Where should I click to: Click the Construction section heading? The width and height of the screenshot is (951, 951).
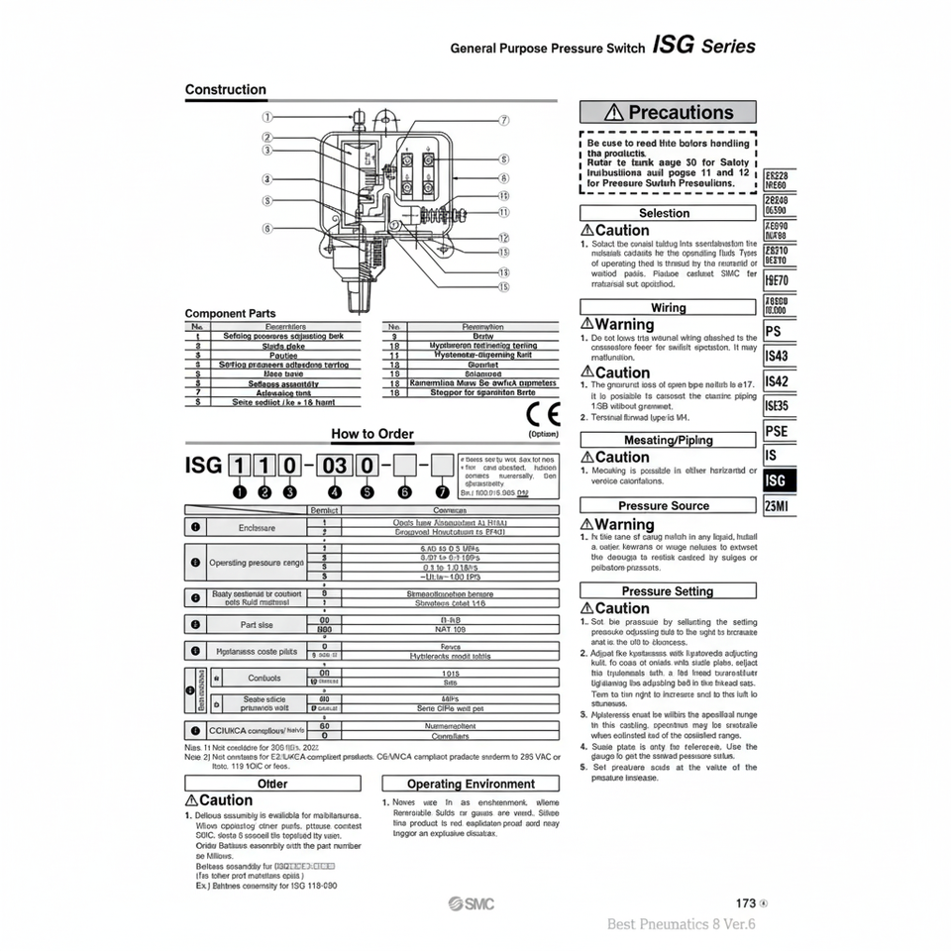tap(226, 90)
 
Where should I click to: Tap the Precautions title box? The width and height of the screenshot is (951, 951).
tap(667, 112)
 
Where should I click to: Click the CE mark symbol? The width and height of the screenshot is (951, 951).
tap(544, 413)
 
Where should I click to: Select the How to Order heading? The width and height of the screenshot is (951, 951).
tap(371, 434)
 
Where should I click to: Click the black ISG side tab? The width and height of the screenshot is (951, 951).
tap(779, 480)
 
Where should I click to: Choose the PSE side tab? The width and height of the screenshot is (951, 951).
tap(778, 431)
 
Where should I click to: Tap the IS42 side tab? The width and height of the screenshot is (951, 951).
tap(778, 381)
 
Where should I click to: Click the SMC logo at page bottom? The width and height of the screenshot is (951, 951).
tap(472, 903)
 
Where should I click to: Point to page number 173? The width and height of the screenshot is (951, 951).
tap(746, 903)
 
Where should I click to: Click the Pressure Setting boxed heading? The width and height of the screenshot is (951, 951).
tap(667, 591)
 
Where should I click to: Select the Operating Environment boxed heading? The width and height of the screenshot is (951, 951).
tap(471, 784)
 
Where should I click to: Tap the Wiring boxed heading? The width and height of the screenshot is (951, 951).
tap(667, 307)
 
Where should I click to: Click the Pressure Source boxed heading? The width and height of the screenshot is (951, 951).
tap(667, 505)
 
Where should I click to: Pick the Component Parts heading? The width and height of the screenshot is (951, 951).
tap(230, 313)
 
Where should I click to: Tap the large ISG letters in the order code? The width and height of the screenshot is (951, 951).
tap(204, 464)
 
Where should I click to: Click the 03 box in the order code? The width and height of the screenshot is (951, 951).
tap(333, 464)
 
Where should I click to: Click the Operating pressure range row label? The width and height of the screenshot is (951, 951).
tap(257, 562)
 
